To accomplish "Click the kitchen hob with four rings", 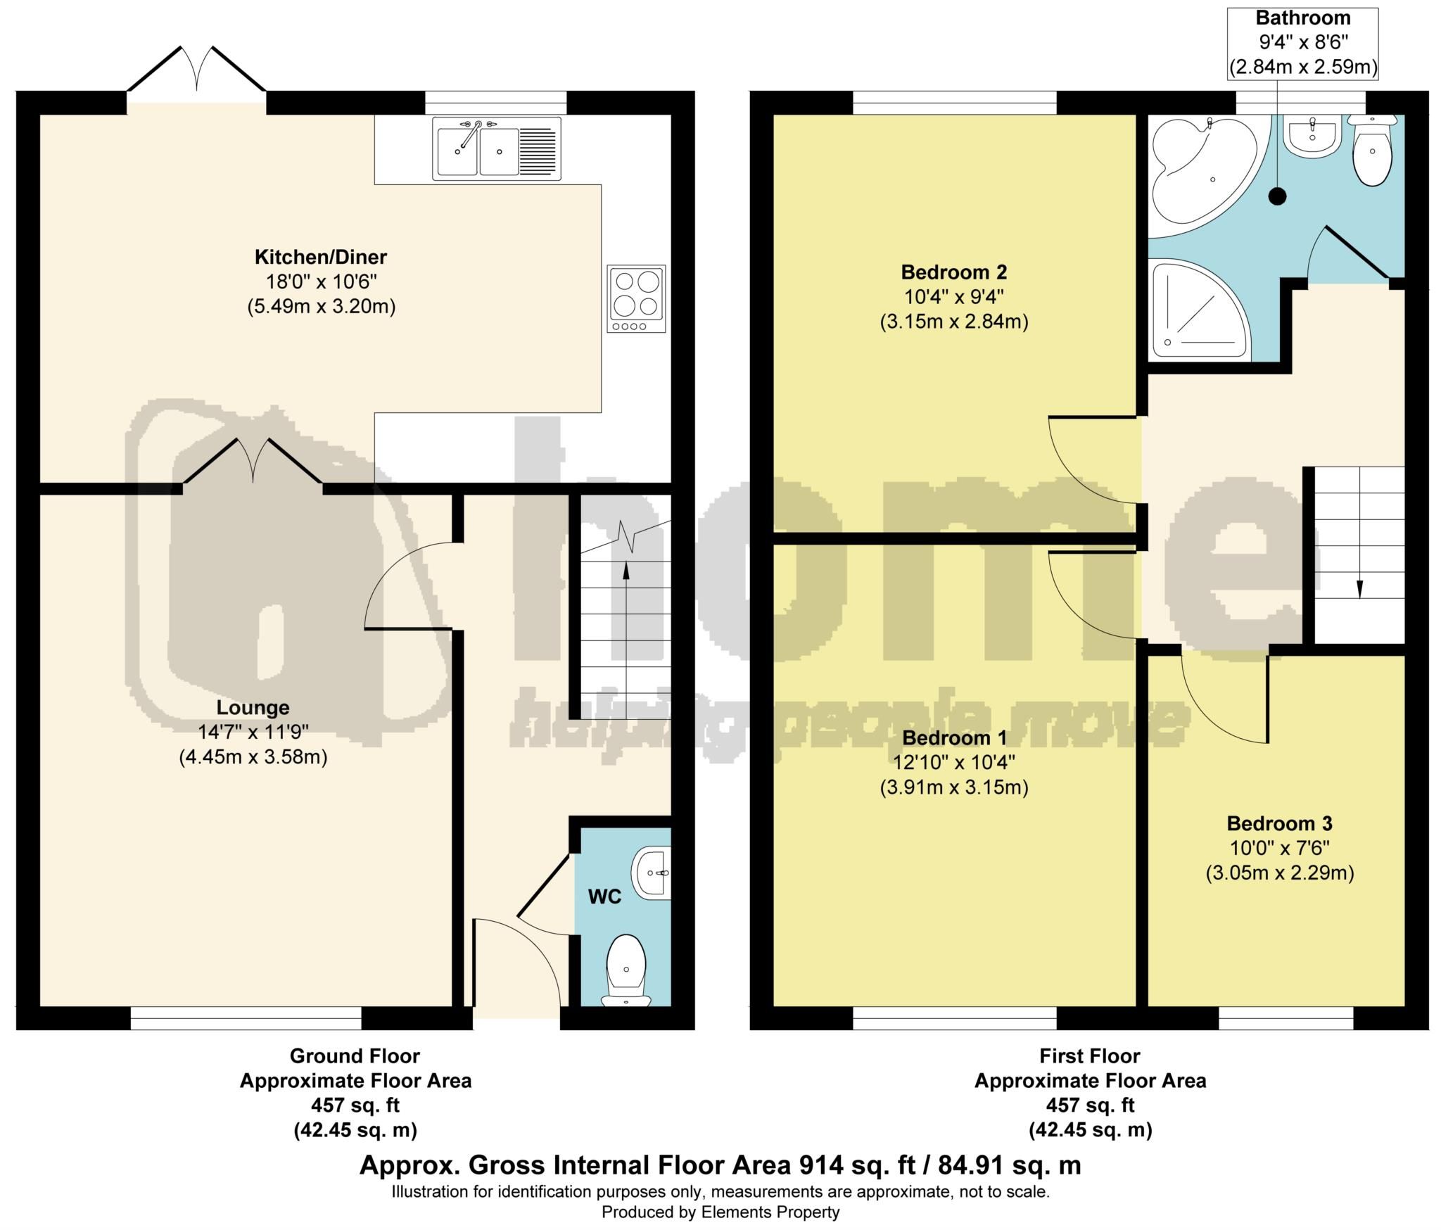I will (636, 299).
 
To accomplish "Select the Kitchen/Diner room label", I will (321, 257).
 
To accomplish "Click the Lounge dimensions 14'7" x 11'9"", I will (253, 733).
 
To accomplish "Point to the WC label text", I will (604, 897).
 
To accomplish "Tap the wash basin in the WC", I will (652, 873).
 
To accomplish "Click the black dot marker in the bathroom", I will (1276, 197).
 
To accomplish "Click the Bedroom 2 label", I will (953, 272).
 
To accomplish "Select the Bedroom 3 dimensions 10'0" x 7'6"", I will (1279, 848).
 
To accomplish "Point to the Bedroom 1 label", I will (953, 738).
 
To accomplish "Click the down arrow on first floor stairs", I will (1359, 588).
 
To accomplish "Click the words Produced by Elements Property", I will (720, 1212).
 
